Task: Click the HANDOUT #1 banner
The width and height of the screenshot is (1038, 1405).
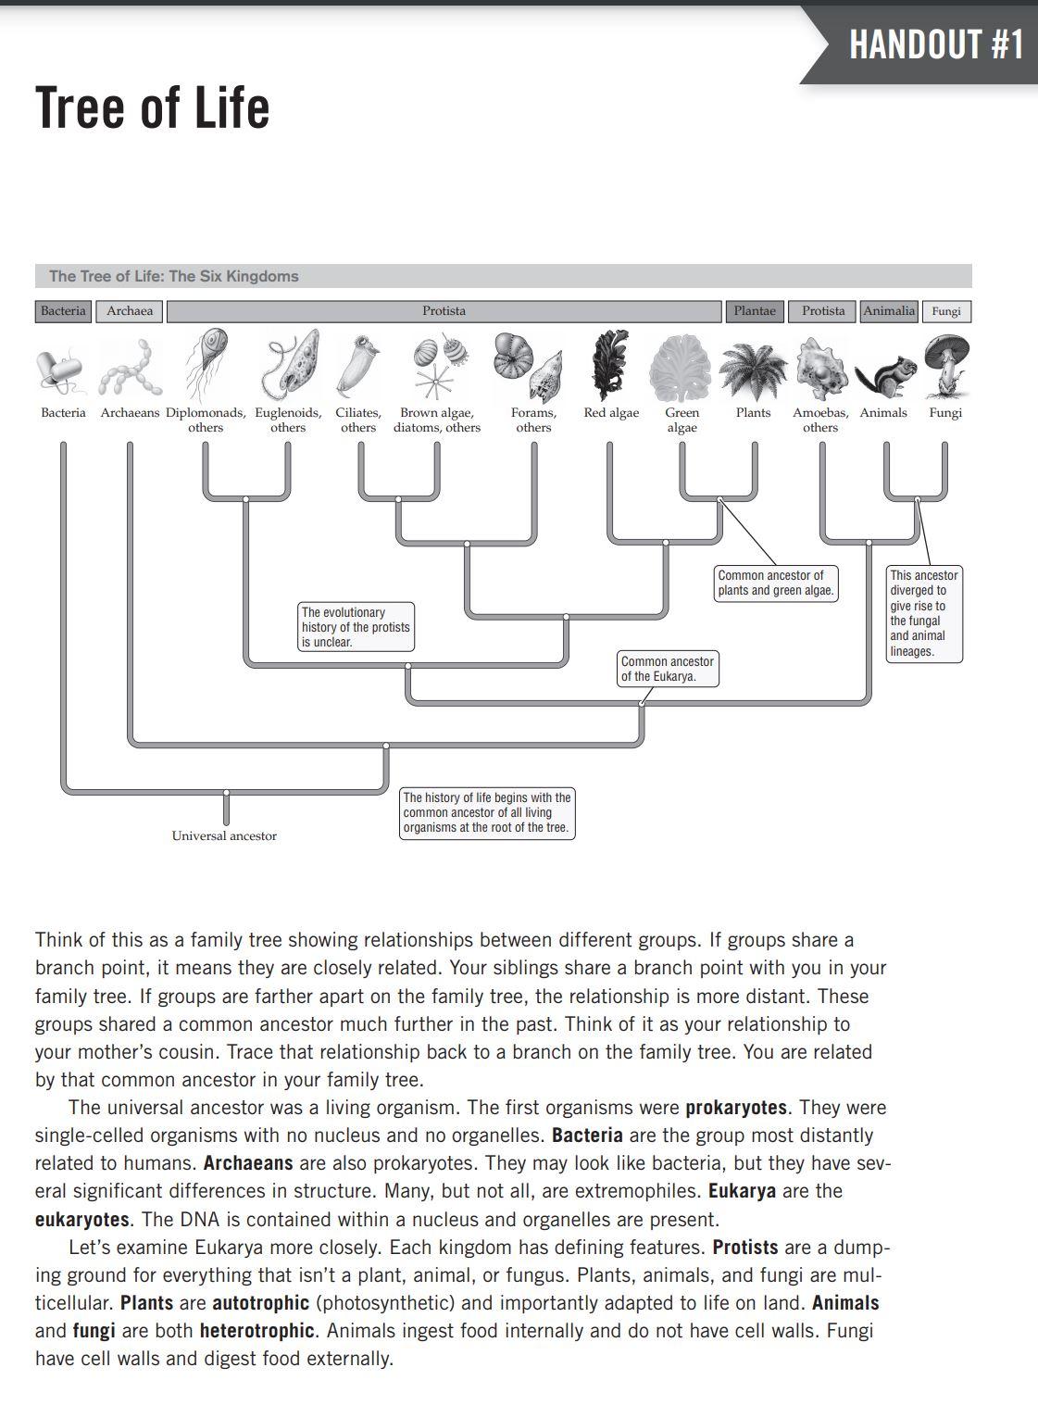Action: coord(935,44)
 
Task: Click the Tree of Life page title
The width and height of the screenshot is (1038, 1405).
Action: coord(153,107)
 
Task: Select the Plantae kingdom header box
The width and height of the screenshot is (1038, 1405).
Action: coord(755,311)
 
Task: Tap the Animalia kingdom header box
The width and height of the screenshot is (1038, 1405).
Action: coord(889,311)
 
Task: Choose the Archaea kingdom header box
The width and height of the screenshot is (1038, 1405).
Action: coord(130,311)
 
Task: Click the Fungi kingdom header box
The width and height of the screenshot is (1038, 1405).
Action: coord(945,311)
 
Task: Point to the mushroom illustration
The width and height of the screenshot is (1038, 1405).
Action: coord(946,365)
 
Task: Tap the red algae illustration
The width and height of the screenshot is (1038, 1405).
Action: coord(610,365)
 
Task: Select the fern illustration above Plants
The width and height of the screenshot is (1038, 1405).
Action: coord(753,370)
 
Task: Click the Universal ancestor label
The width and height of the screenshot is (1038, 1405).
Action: coord(224,835)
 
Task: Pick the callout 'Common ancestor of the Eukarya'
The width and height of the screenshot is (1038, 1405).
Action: coord(668,669)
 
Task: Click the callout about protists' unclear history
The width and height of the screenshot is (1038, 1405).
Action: coord(356,627)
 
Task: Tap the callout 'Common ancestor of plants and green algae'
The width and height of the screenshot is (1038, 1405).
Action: coord(776,583)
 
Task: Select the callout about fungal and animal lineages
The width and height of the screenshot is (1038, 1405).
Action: coord(924,613)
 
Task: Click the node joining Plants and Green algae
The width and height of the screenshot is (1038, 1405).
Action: coord(719,500)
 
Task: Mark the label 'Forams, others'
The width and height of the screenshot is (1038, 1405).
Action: coord(533,420)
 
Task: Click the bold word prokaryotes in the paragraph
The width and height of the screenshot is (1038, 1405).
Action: coord(736,1108)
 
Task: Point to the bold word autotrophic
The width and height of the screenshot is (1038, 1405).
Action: coord(260,1303)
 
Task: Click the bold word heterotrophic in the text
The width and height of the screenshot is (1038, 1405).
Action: coord(256,1331)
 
